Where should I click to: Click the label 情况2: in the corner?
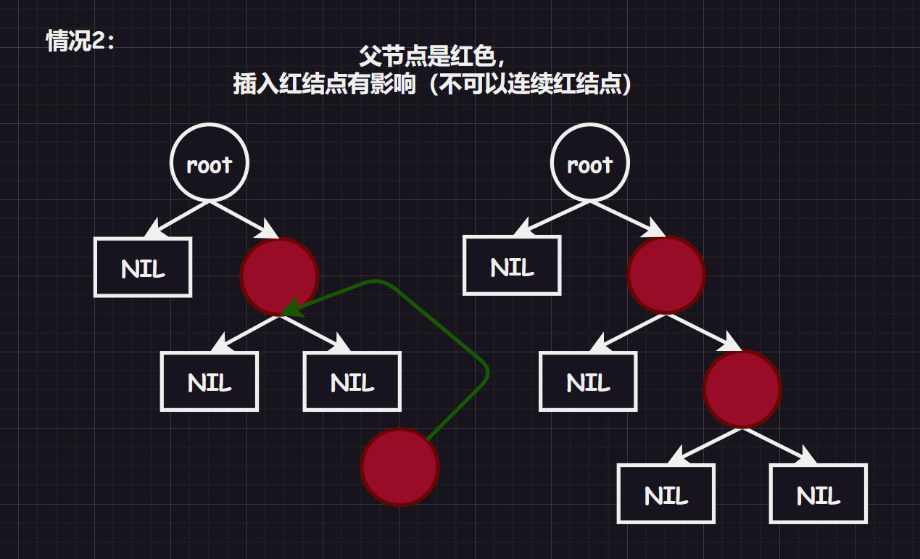pyautogui.click(x=80, y=41)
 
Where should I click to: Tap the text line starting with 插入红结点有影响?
pyautogui.click(x=433, y=84)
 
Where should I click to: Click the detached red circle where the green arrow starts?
pyautogui.click(x=399, y=467)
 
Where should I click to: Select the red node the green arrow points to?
pyautogui.click(x=279, y=276)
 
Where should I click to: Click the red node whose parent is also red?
pyautogui.click(x=742, y=389)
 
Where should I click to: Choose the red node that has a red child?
pyautogui.click(x=666, y=276)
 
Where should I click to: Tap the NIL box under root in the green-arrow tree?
pyautogui.click(x=143, y=267)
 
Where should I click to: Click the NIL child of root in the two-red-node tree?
pyautogui.click(x=512, y=265)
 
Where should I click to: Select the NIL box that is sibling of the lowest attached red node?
pyautogui.click(x=588, y=381)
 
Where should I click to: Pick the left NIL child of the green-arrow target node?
pyautogui.click(x=209, y=381)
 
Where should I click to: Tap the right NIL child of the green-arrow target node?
pyautogui.click(x=352, y=381)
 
